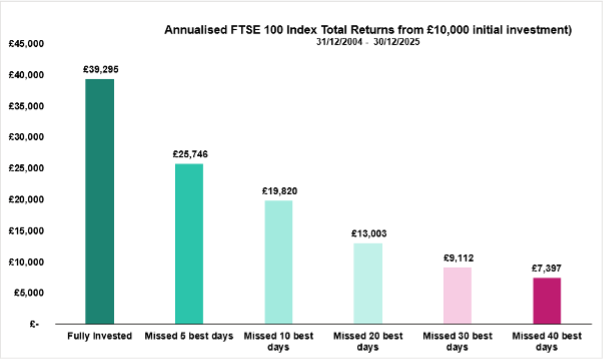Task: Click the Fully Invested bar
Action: [x=100, y=201]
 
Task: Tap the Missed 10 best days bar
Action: [x=278, y=261]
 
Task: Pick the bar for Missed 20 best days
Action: [x=367, y=283]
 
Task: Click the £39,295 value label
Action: [x=100, y=70]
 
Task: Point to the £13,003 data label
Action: [x=367, y=233]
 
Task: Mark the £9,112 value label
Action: [x=456, y=258]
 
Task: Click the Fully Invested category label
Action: [x=100, y=337]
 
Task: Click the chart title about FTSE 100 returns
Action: [x=367, y=30]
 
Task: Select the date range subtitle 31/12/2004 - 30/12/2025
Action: [x=367, y=43]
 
